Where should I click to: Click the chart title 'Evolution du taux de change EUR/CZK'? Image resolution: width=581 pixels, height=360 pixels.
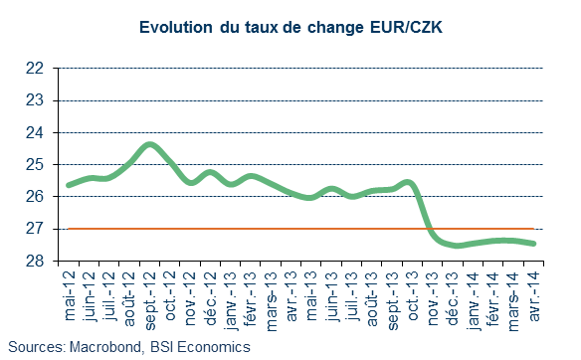point(290,28)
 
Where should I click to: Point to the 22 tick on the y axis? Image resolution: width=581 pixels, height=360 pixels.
point(35,69)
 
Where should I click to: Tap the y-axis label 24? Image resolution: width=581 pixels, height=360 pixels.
point(35,133)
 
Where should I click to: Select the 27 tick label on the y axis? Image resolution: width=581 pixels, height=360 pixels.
point(35,229)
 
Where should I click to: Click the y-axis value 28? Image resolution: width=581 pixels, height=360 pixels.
point(35,262)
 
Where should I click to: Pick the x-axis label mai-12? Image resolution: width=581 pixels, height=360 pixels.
point(70,295)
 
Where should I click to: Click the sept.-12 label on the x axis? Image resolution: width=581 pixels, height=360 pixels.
point(150,300)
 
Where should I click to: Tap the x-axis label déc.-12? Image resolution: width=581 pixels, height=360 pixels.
point(211,298)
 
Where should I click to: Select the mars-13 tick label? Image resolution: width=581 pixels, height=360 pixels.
point(272,301)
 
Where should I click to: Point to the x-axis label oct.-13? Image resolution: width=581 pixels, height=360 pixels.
point(413,295)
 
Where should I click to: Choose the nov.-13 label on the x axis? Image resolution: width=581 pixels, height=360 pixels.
point(433,298)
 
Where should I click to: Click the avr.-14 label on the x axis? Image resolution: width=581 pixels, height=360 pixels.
point(534,296)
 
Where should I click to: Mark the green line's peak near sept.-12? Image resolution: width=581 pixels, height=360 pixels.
point(149,144)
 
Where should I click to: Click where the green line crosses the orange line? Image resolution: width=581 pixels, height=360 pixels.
point(429,229)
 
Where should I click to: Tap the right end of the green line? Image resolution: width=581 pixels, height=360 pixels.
point(534,244)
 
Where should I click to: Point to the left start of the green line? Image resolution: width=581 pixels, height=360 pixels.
point(69,185)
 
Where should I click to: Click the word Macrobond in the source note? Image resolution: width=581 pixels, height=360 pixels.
point(105,347)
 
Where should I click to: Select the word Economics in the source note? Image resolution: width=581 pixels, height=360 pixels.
point(214,347)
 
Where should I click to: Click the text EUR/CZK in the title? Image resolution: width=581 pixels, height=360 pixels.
point(407,28)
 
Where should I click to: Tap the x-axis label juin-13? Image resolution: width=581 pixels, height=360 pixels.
point(332,296)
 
